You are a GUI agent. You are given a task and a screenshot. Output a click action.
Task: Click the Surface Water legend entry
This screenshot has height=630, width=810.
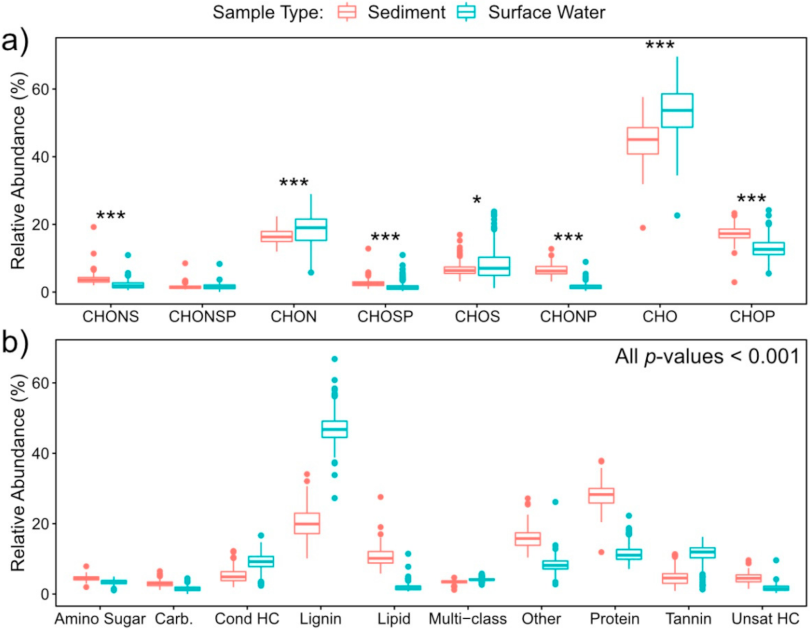532,13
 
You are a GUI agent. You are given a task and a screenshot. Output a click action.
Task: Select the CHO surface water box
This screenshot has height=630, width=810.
677,110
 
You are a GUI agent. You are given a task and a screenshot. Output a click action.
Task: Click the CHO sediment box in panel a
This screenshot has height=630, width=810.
643,141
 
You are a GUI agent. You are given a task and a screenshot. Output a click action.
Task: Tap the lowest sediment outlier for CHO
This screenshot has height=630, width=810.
643,228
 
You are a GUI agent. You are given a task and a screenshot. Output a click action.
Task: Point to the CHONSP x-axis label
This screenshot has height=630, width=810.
202,316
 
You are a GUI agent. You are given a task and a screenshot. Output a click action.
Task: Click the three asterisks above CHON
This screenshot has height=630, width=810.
294,183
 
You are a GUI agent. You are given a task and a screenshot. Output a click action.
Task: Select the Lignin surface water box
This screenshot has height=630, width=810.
334,429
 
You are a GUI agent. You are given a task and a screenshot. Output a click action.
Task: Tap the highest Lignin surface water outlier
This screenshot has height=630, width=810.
334,359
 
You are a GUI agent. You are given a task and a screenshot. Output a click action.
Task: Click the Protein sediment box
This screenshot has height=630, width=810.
601,496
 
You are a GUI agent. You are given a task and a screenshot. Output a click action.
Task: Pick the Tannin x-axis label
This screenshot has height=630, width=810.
688,619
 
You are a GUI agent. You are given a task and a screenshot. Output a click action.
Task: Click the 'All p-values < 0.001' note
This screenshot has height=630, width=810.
707,357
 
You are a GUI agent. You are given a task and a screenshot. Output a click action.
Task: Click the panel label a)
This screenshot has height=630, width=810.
15,41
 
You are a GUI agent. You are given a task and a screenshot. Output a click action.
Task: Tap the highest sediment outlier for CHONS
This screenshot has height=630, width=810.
94,227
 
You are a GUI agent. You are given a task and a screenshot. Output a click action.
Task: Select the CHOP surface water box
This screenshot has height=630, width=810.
768,248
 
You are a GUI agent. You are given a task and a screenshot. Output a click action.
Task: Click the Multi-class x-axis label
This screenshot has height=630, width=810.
468,619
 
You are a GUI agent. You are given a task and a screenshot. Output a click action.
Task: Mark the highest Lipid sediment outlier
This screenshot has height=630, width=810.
381,497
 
